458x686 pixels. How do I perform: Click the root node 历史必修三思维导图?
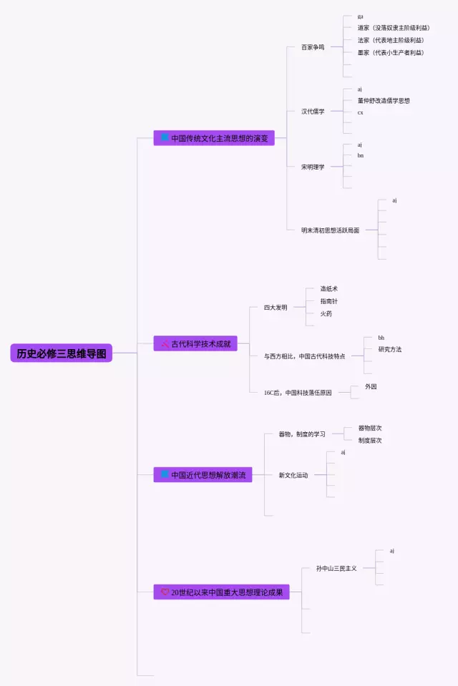(x=62, y=353)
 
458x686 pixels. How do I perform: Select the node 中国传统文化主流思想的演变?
(x=214, y=138)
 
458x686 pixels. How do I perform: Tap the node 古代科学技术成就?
(x=195, y=344)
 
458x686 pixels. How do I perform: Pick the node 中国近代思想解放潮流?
(x=203, y=475)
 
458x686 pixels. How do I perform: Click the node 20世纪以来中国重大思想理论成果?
(x=221, y=592)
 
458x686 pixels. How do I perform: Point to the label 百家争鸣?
(x=313, y=47)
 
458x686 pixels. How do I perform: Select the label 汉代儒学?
(x=313, y=112)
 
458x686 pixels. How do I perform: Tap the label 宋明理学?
(x=313, y=167)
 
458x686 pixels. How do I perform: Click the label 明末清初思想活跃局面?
(x=330, y=230)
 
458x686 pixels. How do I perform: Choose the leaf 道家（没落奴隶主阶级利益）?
(x=394, y=28)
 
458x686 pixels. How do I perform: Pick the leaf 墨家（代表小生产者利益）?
(x=391, y=52)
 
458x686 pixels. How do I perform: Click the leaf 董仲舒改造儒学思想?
(x=384, y=101)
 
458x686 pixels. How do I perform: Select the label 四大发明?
(x=276, y=308)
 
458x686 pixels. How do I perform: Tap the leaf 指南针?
(x=329, y=301)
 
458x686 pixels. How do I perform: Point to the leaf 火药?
(x=326, y=313)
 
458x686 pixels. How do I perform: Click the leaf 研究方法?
(x=390, y=349)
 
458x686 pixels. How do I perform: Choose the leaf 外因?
(x=371, y=386)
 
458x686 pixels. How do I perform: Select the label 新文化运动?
(x=293, y=475)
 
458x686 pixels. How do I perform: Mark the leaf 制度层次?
(x=370, y=440)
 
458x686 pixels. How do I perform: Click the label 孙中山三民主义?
(x=336, y=568)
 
